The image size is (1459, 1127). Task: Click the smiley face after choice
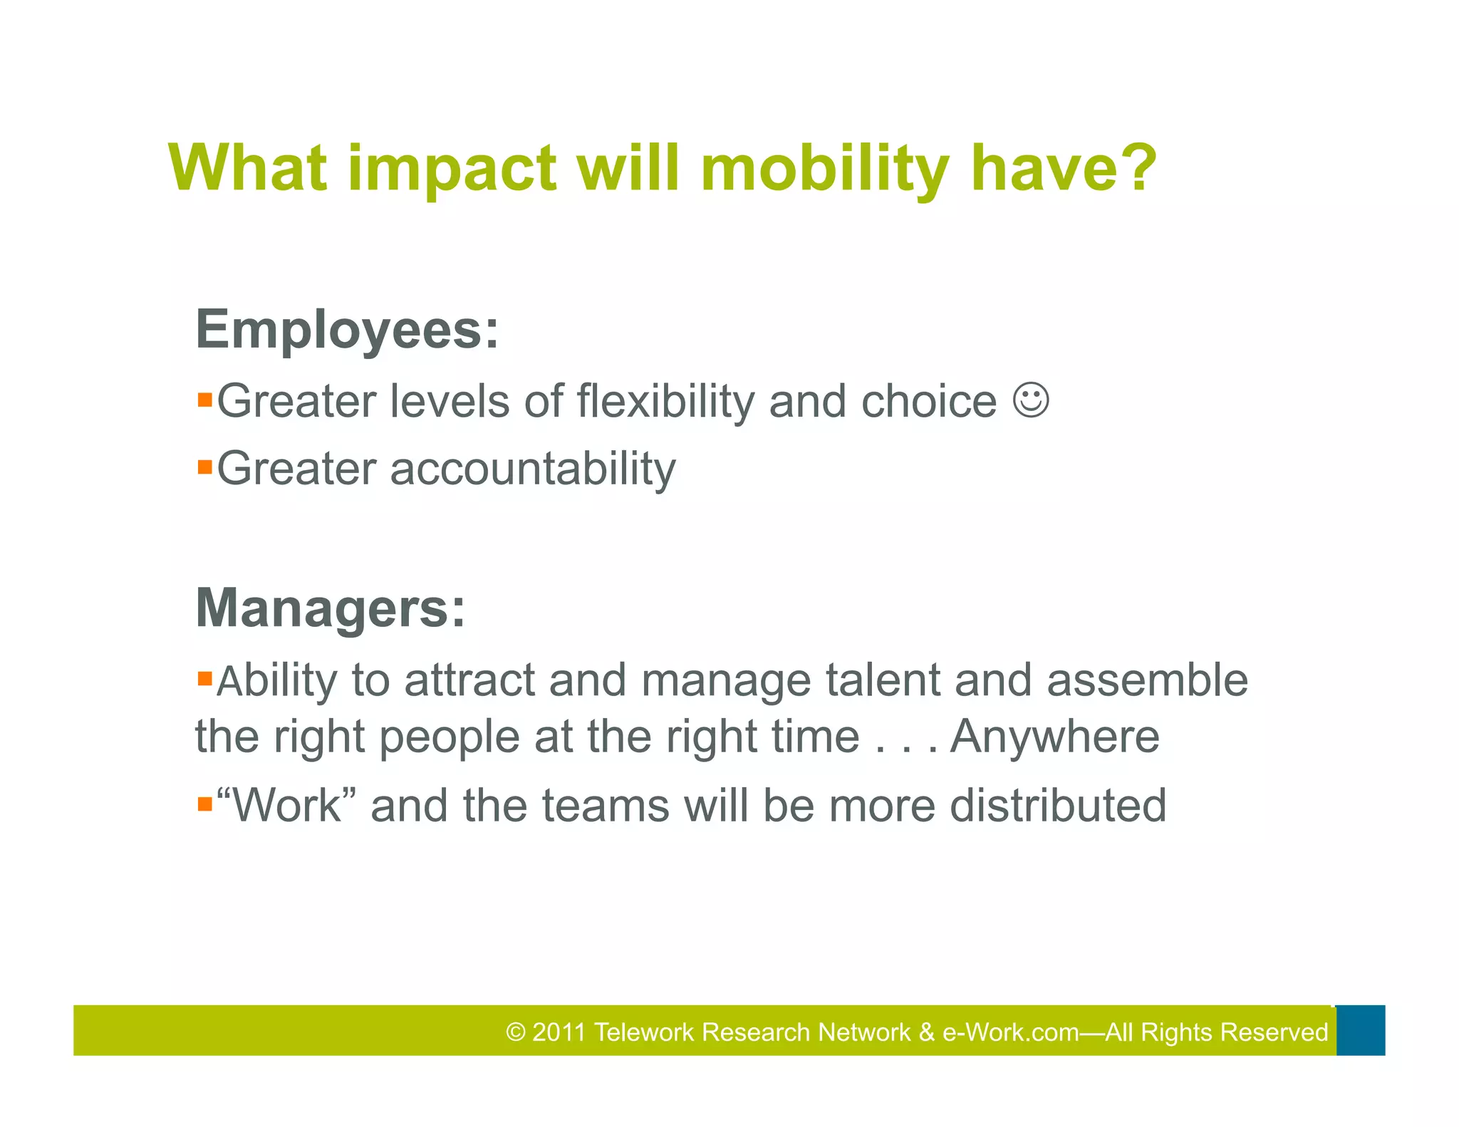[x=1030, y=400]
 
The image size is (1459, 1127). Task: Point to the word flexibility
[x=665, y=401]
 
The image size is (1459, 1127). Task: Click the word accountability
[x=532, y=469]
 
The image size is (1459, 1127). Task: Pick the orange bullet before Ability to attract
[x=205, y=677]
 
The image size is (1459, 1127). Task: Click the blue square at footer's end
[x=1360, y=1030]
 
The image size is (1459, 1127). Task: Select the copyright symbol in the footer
[x=516, y=1032]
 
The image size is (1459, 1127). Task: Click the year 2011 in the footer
[x=559, y=1032]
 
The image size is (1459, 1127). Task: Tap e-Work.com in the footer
[x=1010, y=1032]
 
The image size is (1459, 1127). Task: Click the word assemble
[x=1147, y=680]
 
